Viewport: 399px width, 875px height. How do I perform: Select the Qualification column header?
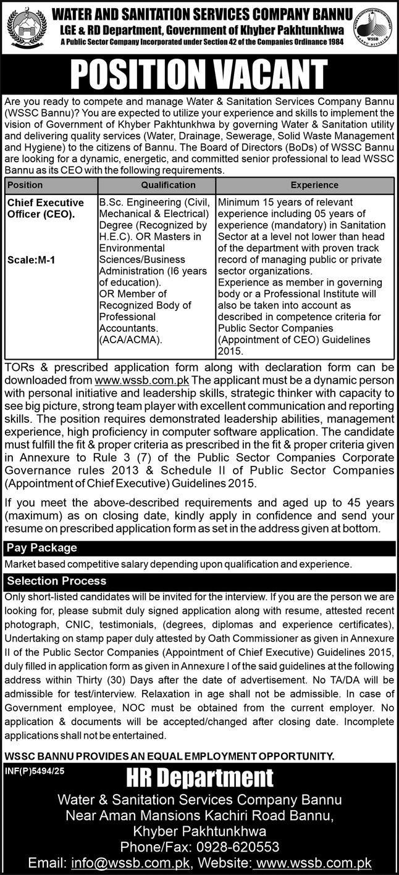pyautogui.click(x=167, y=185)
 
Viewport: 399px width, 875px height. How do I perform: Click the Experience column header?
pyautogui.click(x=315, y=185)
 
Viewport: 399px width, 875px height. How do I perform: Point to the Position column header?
pyautogui.click(x=25, y=185)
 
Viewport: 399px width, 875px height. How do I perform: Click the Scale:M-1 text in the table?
pyautogui.click(x=31, y=260)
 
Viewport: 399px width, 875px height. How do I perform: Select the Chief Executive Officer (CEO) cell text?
pyautogui.click(x=45, y=208)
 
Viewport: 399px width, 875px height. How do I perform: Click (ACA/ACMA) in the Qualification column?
pyautogui.click(x=130, y=340)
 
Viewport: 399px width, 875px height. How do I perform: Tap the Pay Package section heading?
pyautogui.click(x=42, y=547)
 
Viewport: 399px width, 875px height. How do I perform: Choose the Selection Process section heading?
pyautogui.click(x=56, y=581)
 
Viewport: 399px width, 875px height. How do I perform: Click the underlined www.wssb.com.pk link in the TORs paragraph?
pyautogui.click(x=141, y=378)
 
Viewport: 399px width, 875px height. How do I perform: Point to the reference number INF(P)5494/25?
pyautogui.click(x=33, y=769)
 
